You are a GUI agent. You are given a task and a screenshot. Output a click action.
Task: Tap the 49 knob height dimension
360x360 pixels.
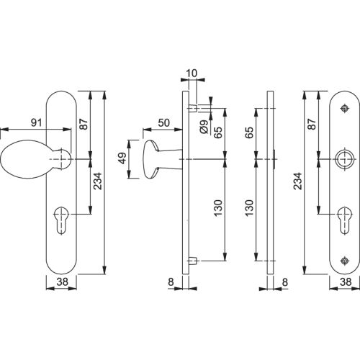point(122,158)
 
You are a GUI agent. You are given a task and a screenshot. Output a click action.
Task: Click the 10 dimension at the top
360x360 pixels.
point(189,73)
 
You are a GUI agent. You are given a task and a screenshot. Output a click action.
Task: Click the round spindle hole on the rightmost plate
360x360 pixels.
point(345,158)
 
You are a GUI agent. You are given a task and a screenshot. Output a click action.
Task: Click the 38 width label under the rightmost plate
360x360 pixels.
point(345,283)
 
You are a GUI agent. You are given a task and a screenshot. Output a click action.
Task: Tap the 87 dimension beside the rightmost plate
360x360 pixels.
point(310,125)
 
